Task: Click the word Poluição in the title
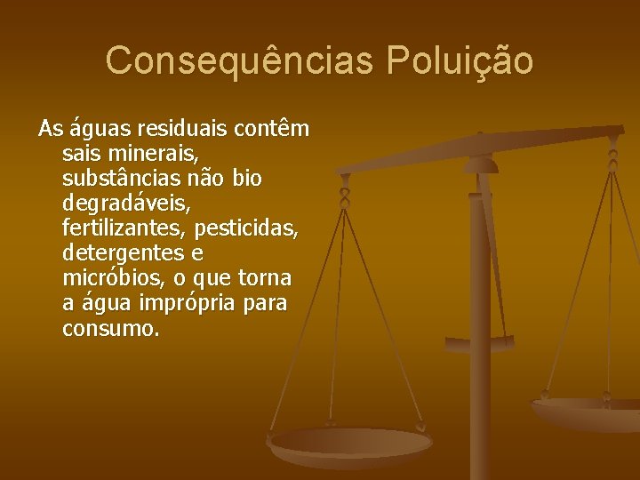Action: point(460,60)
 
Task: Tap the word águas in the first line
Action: point(95,130)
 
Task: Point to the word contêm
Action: point(270,129)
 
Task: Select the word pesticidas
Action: point(245,228)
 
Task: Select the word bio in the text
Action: point(246,179)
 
